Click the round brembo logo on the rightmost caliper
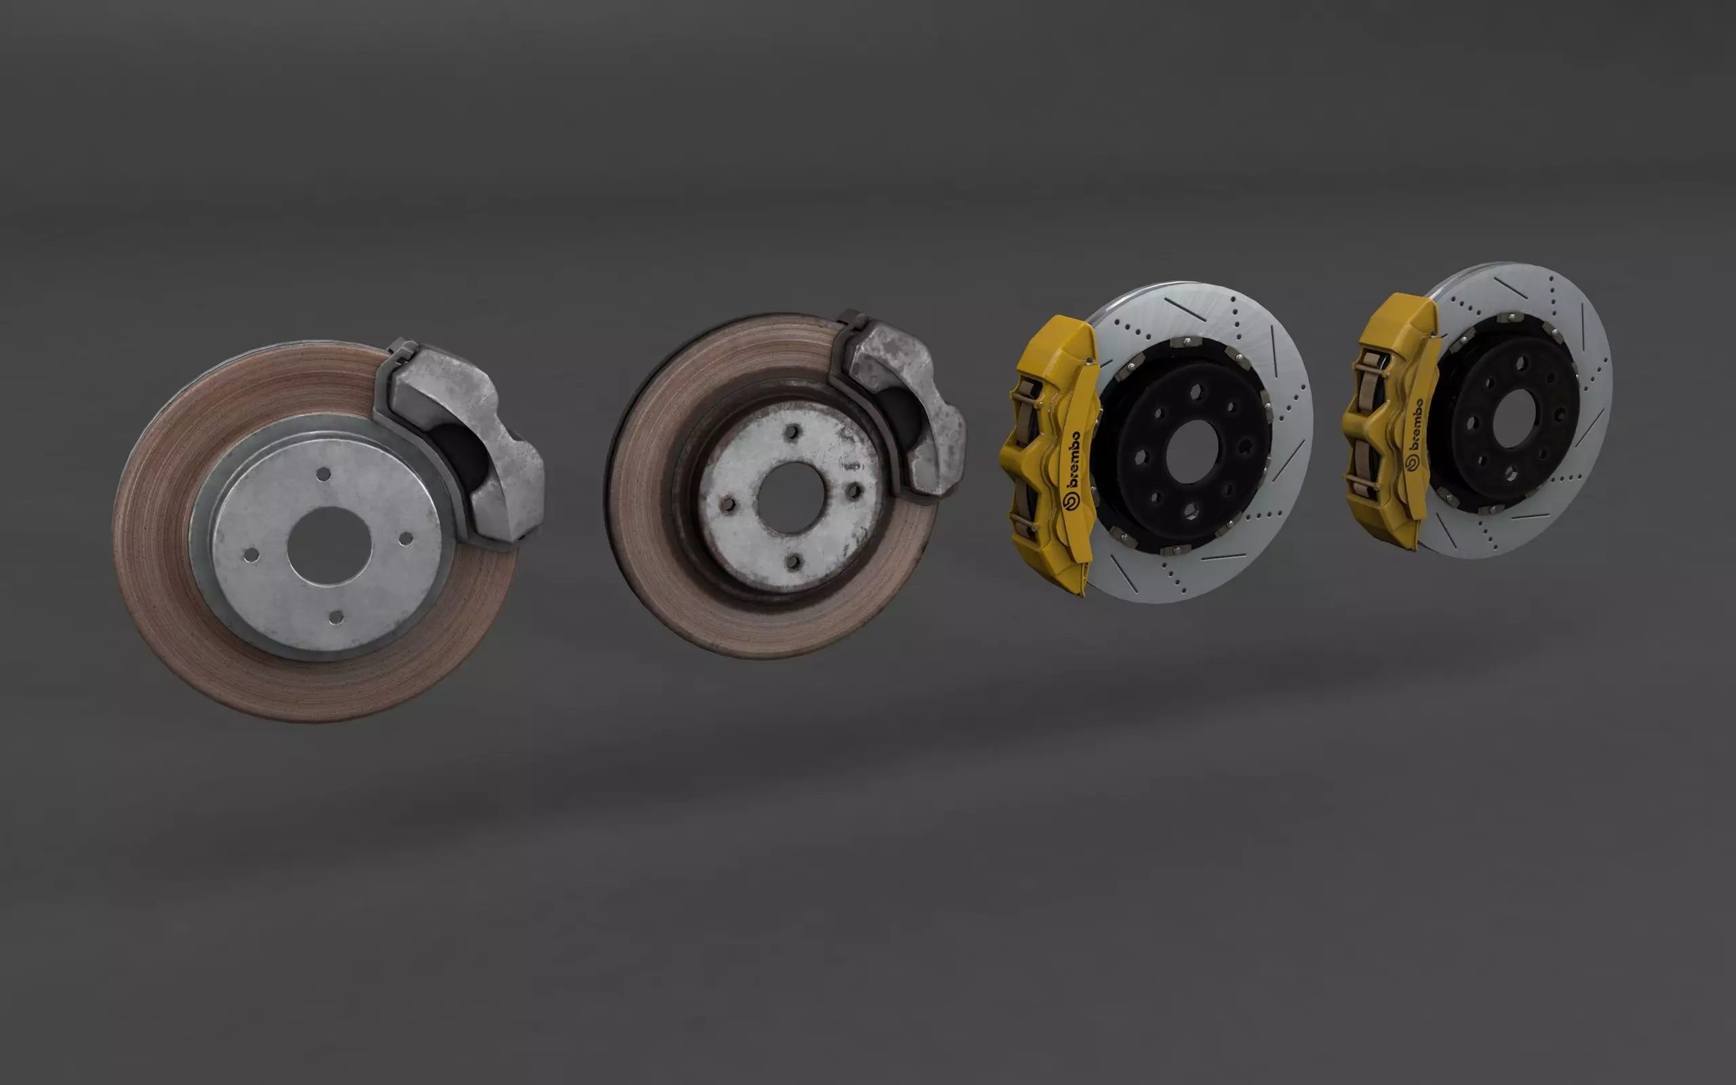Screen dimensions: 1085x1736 click(x=1409, y=463)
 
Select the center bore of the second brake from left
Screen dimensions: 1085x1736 click(x=791, y=498)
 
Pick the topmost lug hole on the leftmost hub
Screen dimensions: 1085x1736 click(x=323, y=474)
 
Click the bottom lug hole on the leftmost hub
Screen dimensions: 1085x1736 click(x=335, y=618)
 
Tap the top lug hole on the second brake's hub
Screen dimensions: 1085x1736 click(x=792, y=432)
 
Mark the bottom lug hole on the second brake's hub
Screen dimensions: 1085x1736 click(x=793, y=562)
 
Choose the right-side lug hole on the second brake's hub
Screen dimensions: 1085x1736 click(x=853, y=491)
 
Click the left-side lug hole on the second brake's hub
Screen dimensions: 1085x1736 click(x=729, y=504)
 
